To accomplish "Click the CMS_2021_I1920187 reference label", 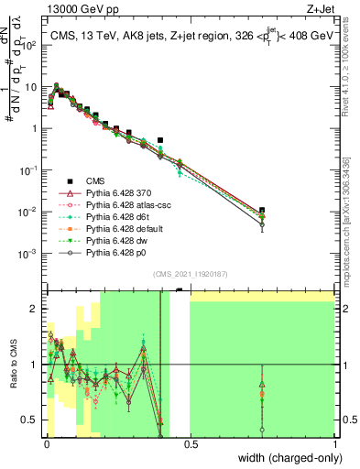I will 190,273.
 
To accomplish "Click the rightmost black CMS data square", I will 262,211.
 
